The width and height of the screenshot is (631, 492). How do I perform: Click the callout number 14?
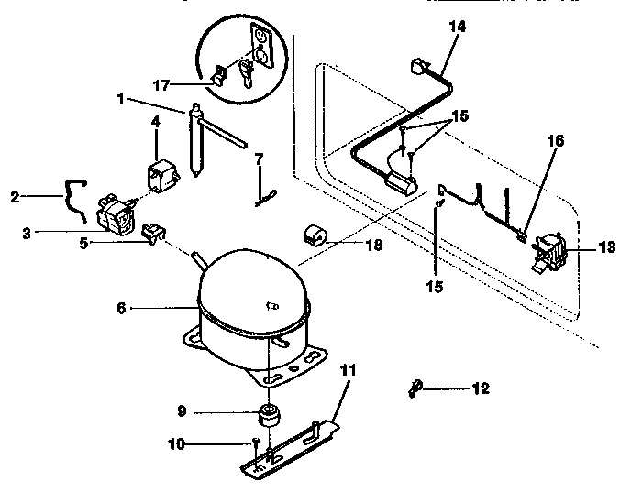coord(457,27)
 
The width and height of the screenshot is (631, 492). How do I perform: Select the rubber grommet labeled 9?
coord(270,416)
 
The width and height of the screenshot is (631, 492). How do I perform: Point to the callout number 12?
coord(481,388)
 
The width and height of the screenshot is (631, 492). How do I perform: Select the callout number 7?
coord(260,159)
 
